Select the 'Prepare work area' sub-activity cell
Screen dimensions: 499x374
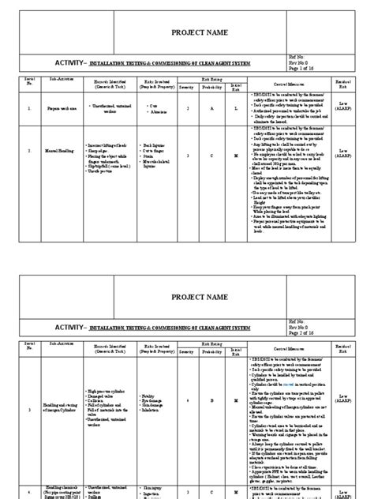pyautogui.click(x=64, y=111)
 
